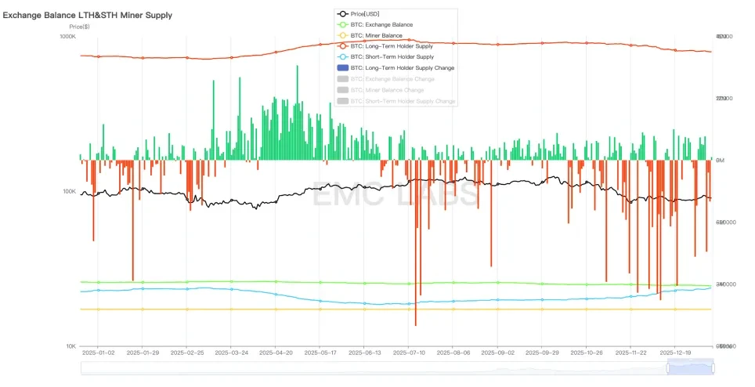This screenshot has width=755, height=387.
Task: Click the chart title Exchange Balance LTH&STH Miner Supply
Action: coord(88,15)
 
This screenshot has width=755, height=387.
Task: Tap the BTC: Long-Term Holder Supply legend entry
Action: coord(392,46)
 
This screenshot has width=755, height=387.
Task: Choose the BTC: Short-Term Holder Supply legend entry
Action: coord(392,57)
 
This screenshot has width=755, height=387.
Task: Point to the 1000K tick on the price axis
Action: coord(68,37)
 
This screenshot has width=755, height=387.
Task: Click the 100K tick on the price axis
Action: coord(69,191)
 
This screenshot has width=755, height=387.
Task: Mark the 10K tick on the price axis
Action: coord(70,346)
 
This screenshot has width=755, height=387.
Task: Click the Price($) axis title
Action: coord(80,27)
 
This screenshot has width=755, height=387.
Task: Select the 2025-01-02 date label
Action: coord(98,353)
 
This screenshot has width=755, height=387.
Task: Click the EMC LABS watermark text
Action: coord(396,193)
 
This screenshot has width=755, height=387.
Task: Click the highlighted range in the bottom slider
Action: coord(690,367)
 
